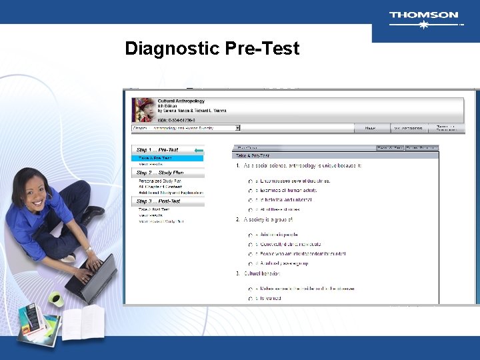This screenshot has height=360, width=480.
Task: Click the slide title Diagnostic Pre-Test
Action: point(212,49)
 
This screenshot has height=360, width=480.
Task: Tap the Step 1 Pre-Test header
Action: point(157,150)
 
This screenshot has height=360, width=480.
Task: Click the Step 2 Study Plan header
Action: point(159,173)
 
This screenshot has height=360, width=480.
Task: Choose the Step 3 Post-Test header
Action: point(159,201)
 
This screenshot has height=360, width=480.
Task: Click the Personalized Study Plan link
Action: point(160,181)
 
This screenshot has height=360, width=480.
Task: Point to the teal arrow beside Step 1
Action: point(198,151)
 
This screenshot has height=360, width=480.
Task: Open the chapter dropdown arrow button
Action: point(237,128)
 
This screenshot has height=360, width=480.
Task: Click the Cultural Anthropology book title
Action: point(181,100)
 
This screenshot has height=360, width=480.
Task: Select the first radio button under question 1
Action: point(250,181)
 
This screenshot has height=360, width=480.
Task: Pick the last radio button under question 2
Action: point(250,264)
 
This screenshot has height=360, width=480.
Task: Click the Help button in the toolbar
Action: point(369,128)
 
